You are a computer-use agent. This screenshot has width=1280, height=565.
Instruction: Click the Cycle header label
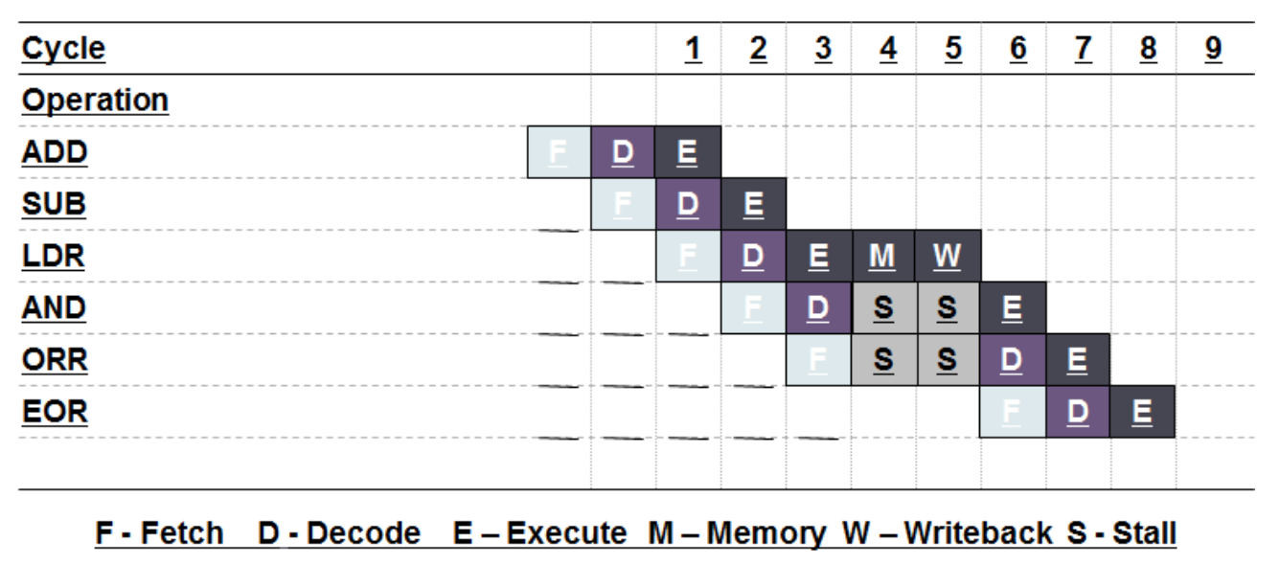coord(63,49)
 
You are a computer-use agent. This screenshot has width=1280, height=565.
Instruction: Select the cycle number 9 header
coord(1213,49)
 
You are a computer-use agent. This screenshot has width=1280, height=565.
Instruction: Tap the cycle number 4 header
coord(888,49)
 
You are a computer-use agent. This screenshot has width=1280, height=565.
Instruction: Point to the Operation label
coord(95,101)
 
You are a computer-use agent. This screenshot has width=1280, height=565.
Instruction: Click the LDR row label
coord(54,257)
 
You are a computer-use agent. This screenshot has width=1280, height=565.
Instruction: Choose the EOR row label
coord(55,412)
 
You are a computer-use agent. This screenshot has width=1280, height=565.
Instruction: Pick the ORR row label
coord(55,360)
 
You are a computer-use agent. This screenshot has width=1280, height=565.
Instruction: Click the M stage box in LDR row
coord(883,256)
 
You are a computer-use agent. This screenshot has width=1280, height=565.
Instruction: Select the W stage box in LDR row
coord(948,256)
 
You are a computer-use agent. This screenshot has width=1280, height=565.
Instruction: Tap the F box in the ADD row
coord(559,152)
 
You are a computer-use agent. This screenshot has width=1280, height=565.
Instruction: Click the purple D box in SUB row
coord(688,204)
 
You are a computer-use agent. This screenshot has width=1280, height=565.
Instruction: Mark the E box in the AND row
coord(1013,307)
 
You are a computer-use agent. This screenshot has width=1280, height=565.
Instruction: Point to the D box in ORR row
coord(1013,359)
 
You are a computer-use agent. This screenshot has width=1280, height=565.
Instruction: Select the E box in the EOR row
coord(1142,411)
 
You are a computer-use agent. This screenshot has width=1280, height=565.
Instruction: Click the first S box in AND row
coord(883,307)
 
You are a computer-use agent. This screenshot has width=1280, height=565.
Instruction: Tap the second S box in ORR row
coord(948,359)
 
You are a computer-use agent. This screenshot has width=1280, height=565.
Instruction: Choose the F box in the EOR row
coord(1013,411)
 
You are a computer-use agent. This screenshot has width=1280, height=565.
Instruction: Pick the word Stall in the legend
coord(1144,533)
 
